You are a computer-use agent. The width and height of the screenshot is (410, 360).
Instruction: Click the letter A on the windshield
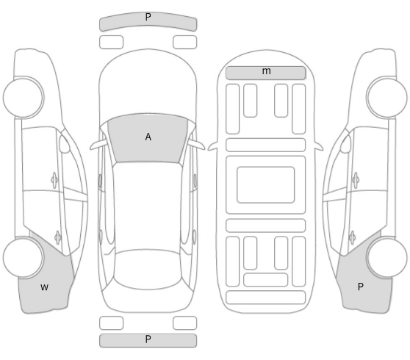(148, 137)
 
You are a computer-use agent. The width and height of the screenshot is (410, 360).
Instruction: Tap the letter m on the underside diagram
(267, 71)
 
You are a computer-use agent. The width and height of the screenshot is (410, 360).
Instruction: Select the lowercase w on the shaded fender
(44, 287)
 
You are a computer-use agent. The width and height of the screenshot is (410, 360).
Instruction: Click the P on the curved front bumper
(148, 17)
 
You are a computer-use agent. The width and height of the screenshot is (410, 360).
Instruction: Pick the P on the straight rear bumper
(148, 339)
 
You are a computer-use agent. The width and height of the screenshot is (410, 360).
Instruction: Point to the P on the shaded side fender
(360, 287)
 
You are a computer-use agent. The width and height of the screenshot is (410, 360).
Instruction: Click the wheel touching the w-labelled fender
(24, 258)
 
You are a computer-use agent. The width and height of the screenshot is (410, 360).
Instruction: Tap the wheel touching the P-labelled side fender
(386, 258)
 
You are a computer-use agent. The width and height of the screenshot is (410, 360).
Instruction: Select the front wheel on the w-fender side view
(24, 97)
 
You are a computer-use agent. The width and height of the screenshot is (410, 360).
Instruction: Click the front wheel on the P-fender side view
(386, 97)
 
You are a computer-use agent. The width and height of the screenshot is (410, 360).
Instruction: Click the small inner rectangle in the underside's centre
(266, 184)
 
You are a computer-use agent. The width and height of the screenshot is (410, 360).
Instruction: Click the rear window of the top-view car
(148, 270)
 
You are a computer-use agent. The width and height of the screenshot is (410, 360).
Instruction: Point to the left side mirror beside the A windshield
(98, 145)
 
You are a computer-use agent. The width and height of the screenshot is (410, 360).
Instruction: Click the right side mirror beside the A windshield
(197, 145)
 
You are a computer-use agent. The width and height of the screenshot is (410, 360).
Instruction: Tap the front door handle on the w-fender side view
(54, 180)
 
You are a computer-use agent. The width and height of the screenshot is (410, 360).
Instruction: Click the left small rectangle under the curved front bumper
(111, 42)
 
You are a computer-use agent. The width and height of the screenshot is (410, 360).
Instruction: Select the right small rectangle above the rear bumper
(185, 323)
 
